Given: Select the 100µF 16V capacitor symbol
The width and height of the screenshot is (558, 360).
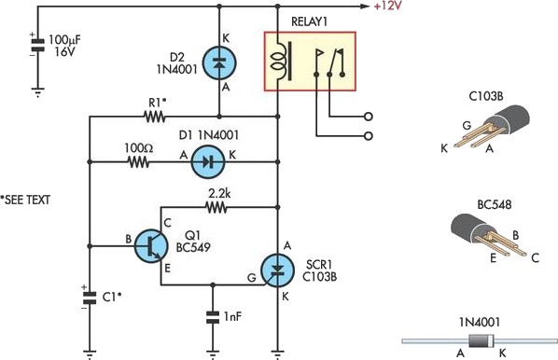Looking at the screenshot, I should [37, 46].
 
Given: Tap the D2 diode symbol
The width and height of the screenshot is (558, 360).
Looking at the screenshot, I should [218, 63].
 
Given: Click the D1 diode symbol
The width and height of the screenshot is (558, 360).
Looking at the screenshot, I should [208, 161].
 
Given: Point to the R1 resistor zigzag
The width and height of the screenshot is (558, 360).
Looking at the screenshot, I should [154, 118].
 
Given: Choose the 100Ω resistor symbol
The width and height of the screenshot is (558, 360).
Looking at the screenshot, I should [138, 161].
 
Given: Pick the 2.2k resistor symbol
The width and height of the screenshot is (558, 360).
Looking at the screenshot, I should [220, 206].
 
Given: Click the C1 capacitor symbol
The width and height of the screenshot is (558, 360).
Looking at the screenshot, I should [90, 298].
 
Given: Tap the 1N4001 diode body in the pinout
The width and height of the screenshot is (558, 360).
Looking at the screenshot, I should [479, 340].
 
